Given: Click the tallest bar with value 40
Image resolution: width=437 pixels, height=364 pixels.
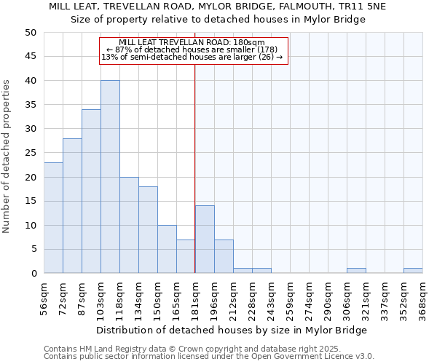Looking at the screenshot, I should point(110,177).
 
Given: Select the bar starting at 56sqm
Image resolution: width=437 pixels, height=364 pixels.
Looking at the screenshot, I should point(53,218).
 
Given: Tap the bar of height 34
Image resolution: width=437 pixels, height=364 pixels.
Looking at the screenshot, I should point(91,191).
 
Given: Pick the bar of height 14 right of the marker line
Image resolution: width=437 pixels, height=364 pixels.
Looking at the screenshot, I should point(205,240).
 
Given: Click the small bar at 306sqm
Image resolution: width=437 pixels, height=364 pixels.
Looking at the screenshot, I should point(356,271).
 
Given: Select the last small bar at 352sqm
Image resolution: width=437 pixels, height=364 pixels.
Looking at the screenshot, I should point(413,271).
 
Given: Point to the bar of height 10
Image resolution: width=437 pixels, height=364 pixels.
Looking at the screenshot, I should point(167,249).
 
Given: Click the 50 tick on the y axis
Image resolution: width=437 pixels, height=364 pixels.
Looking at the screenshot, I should point(30,33).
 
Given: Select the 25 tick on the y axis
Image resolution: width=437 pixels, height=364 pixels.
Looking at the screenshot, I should point(30,153).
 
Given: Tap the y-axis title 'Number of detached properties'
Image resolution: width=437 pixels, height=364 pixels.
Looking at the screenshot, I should point(7,157).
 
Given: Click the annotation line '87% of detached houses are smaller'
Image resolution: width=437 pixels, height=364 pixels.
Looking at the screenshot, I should point(192,50).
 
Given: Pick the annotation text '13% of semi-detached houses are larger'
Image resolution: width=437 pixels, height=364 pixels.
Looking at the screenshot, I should point(192,57).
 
